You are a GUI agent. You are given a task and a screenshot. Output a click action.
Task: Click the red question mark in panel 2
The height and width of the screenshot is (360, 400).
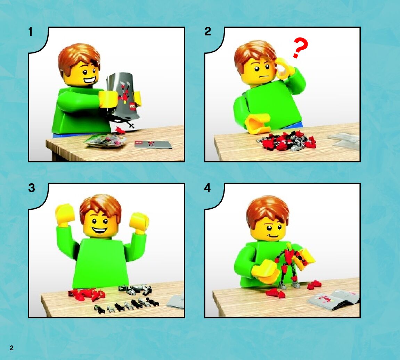[x=301, y=48]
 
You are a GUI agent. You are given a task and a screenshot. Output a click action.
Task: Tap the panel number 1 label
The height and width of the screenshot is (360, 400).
[x=31, y=32]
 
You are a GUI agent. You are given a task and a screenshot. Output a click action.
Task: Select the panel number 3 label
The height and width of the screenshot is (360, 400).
[x=31, y=188]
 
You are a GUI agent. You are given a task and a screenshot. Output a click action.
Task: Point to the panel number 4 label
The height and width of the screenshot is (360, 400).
[x=207, y=188]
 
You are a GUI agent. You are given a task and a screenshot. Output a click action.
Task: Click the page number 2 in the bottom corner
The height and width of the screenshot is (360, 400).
[x=11, y=348]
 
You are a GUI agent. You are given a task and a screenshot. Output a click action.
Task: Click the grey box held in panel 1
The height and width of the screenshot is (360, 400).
[x=123, y=97]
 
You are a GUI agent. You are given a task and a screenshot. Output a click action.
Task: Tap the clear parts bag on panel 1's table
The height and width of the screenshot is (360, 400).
[x=106, y=141]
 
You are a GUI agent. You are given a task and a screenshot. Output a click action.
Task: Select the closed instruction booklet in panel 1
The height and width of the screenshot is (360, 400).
[x=153, y=144]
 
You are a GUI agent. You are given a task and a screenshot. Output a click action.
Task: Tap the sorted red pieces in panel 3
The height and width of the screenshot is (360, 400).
[x=87, y=294]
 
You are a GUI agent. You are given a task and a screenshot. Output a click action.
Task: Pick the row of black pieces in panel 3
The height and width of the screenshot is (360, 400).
[x=126, y=305]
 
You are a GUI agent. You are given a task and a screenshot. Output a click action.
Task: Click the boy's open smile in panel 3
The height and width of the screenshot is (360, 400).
[x=99, y=230]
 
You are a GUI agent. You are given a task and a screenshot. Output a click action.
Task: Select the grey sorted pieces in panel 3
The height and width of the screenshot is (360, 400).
[x=136, y=289]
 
